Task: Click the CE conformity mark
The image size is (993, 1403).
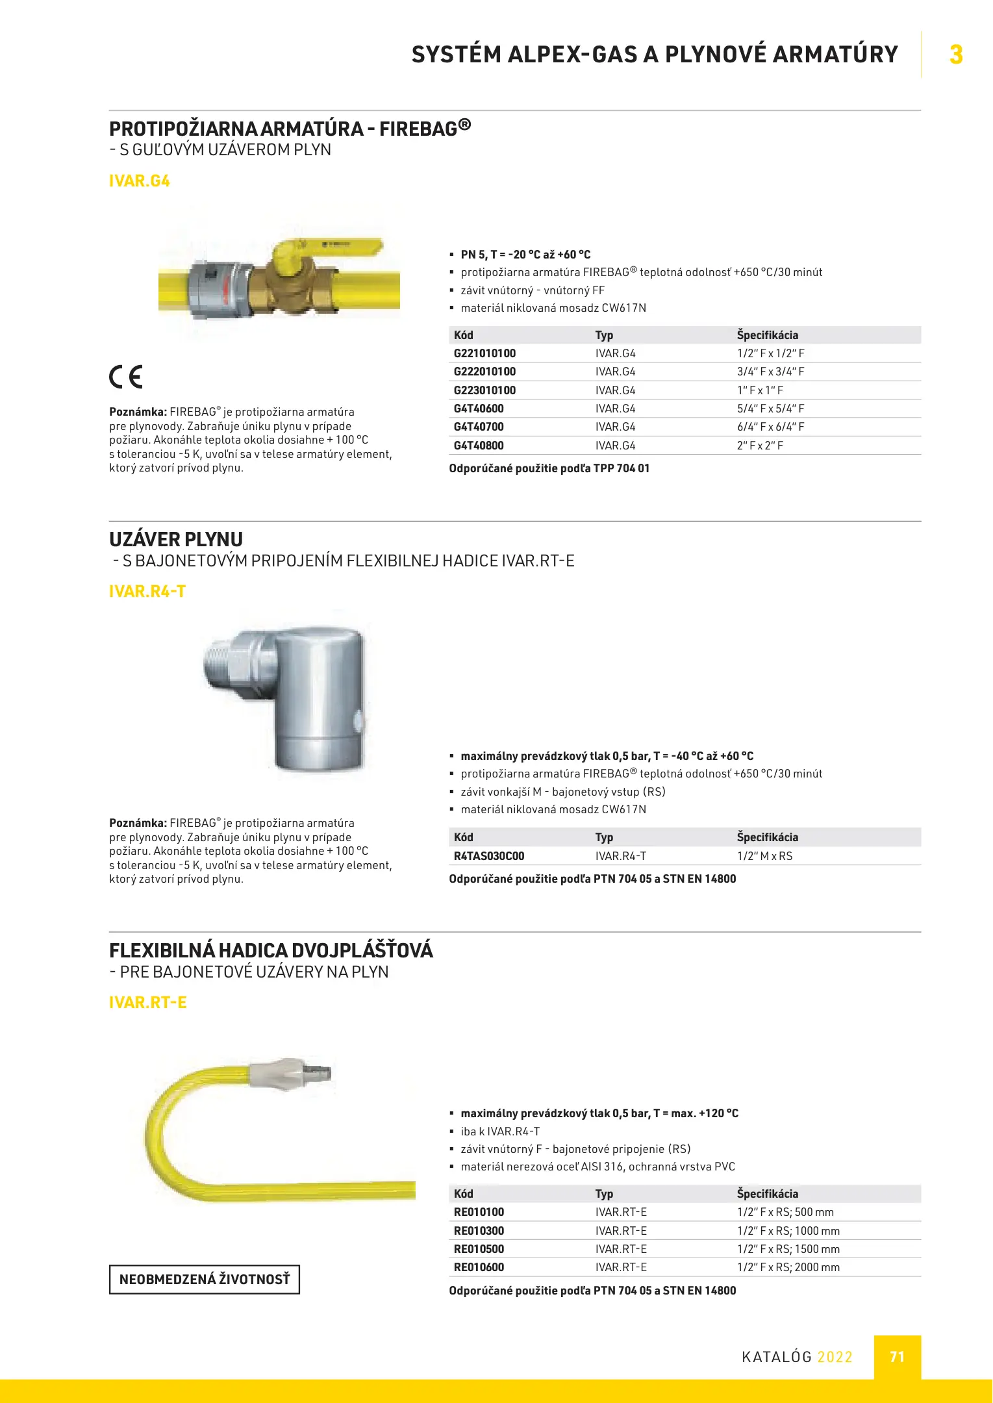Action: coord(125,377)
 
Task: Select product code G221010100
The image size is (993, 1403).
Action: coord(484,353)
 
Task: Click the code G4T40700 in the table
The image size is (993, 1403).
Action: coord(479,427)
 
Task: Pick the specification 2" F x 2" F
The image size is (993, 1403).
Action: coord(760,446)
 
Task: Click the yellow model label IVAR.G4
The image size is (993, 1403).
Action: coord(139,181)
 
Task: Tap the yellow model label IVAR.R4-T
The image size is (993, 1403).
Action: coord(147,591)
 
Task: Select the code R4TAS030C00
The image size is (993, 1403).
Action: coord(488,856)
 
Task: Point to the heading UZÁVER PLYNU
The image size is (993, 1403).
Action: coord(176,539)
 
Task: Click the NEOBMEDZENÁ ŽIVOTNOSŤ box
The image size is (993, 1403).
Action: coord(204,1280)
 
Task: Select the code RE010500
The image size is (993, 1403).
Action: coord(479,1249)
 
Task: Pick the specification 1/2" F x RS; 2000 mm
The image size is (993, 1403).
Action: coord(788,1267)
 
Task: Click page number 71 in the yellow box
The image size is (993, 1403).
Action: coord(897,1357)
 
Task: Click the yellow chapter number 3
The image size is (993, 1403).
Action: coord(955,55)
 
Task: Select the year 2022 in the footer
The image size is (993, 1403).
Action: coord(835,1357)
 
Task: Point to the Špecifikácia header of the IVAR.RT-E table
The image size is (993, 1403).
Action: coord(767,1194)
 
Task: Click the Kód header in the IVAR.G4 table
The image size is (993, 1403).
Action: coord(464,335)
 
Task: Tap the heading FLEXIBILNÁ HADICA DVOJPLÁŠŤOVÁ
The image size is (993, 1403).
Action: coord(271,951)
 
